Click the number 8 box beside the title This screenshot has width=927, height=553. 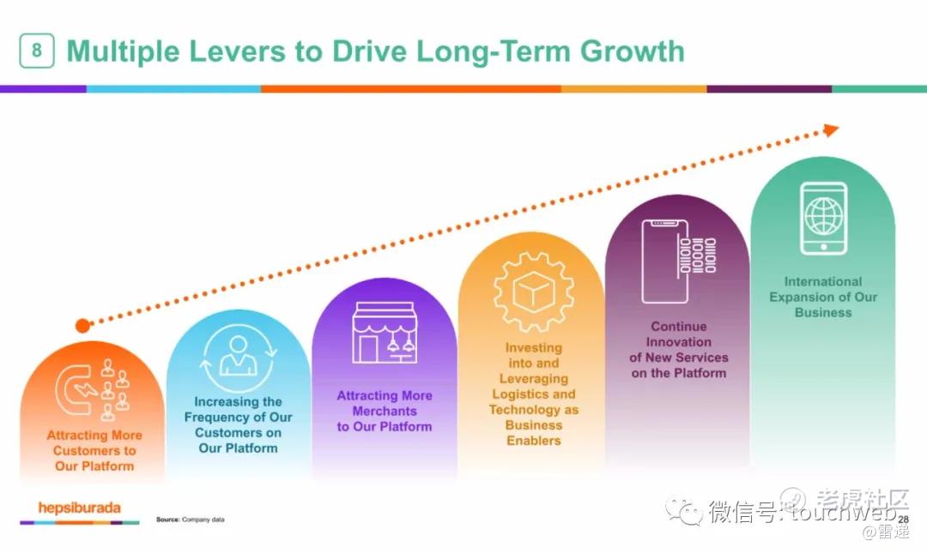(37, 51)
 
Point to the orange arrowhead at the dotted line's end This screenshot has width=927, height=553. (831, 130)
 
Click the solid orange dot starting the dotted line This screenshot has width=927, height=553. (82, 325)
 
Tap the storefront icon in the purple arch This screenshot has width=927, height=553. (385, 333)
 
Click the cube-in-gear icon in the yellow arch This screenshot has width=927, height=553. (533, 292)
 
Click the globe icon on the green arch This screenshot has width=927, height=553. (823, 216)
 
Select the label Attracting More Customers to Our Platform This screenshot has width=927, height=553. (94, 451)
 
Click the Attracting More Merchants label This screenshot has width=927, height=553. (385, 412)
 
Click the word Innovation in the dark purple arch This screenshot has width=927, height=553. (679, 342)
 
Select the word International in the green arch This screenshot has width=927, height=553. (823, 282)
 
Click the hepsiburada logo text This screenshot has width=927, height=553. (79, 508)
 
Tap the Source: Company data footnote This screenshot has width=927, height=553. (191, 520)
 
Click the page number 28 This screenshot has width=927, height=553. (903, 520)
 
